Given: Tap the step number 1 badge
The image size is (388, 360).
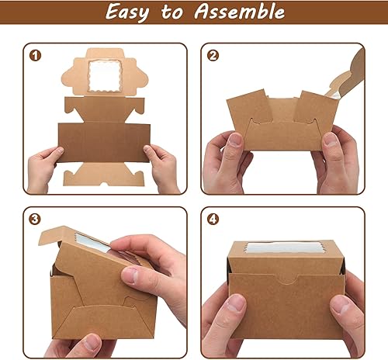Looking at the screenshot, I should pos(33,56).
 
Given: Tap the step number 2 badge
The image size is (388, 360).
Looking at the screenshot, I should pos(213,56).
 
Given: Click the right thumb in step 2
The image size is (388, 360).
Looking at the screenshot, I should pos(332,143).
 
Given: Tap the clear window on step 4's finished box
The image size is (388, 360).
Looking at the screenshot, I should pos(286,252).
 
